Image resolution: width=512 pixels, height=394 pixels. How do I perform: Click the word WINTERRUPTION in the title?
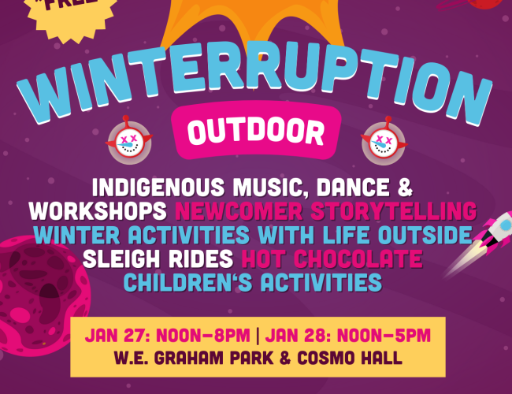[255, 84]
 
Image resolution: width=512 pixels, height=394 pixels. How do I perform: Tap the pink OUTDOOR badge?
[256, 128]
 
